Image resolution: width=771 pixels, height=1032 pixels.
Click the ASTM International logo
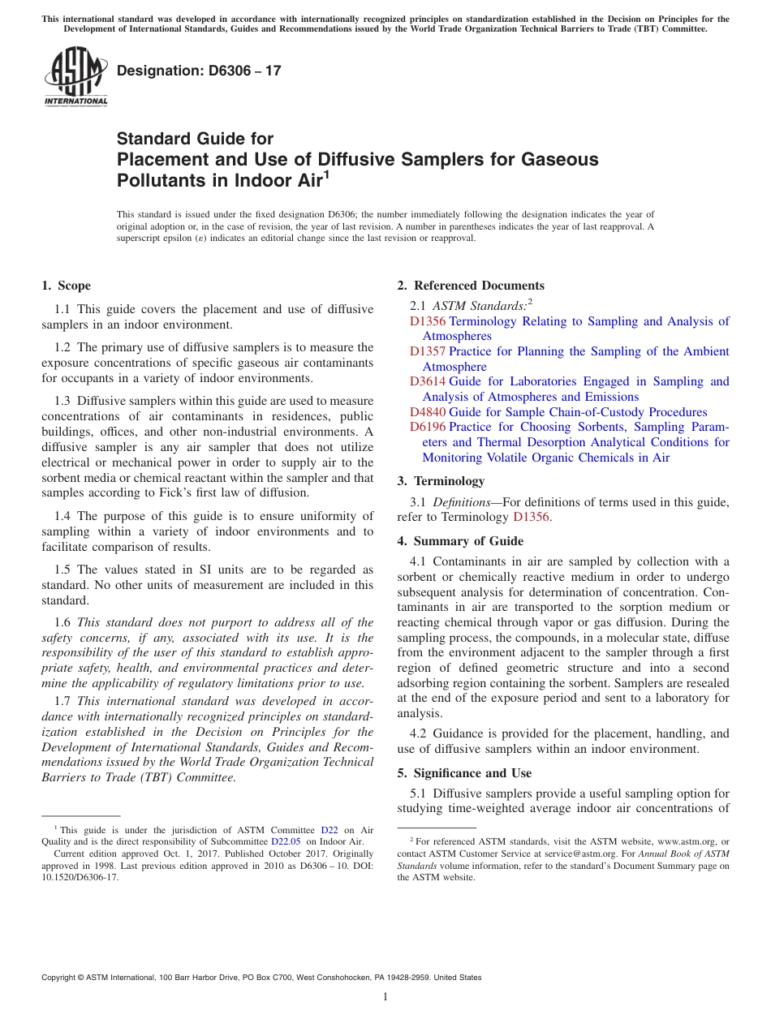[75, 76]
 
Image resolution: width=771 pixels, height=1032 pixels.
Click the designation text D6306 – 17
[199, 71]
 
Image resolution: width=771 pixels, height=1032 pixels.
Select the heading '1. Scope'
[67, 286]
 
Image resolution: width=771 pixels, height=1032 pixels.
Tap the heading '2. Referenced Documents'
[471, 286]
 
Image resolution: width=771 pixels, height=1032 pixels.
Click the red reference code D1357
[428, 351]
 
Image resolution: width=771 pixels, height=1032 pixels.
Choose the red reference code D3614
[428, 381]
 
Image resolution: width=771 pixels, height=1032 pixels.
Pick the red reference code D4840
[428, 412]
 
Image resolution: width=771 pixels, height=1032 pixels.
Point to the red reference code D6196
[428, 427]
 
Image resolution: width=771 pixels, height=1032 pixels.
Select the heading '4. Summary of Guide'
[460, 541]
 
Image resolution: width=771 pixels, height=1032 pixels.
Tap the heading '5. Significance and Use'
[464, 773]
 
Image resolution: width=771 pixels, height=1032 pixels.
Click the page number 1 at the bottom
[385, 996]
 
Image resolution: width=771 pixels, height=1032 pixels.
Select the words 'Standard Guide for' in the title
[196, 139]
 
